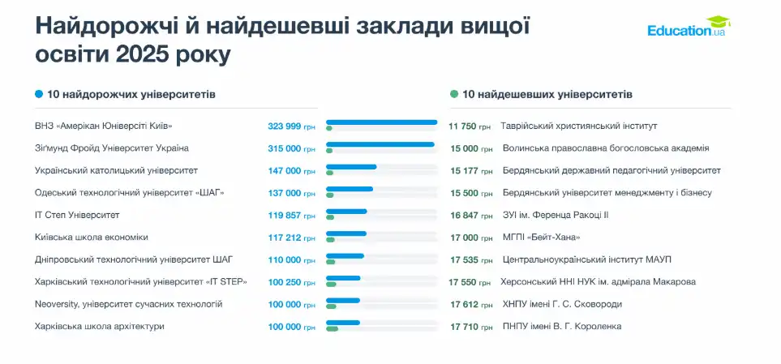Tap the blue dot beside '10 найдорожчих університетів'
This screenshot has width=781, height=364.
[39, 95]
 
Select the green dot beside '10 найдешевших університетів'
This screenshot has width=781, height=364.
[454, 95]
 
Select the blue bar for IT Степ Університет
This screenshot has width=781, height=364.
[346, 212]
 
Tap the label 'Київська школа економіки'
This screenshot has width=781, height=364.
[92, 238]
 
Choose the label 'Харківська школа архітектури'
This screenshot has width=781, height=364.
[100, 326]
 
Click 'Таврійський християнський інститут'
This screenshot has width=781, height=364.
[578, 126]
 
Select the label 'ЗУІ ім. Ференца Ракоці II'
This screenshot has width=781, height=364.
[556, 215]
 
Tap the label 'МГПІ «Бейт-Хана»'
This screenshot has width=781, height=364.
[541, 238]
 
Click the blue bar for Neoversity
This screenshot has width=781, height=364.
[342, 300]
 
